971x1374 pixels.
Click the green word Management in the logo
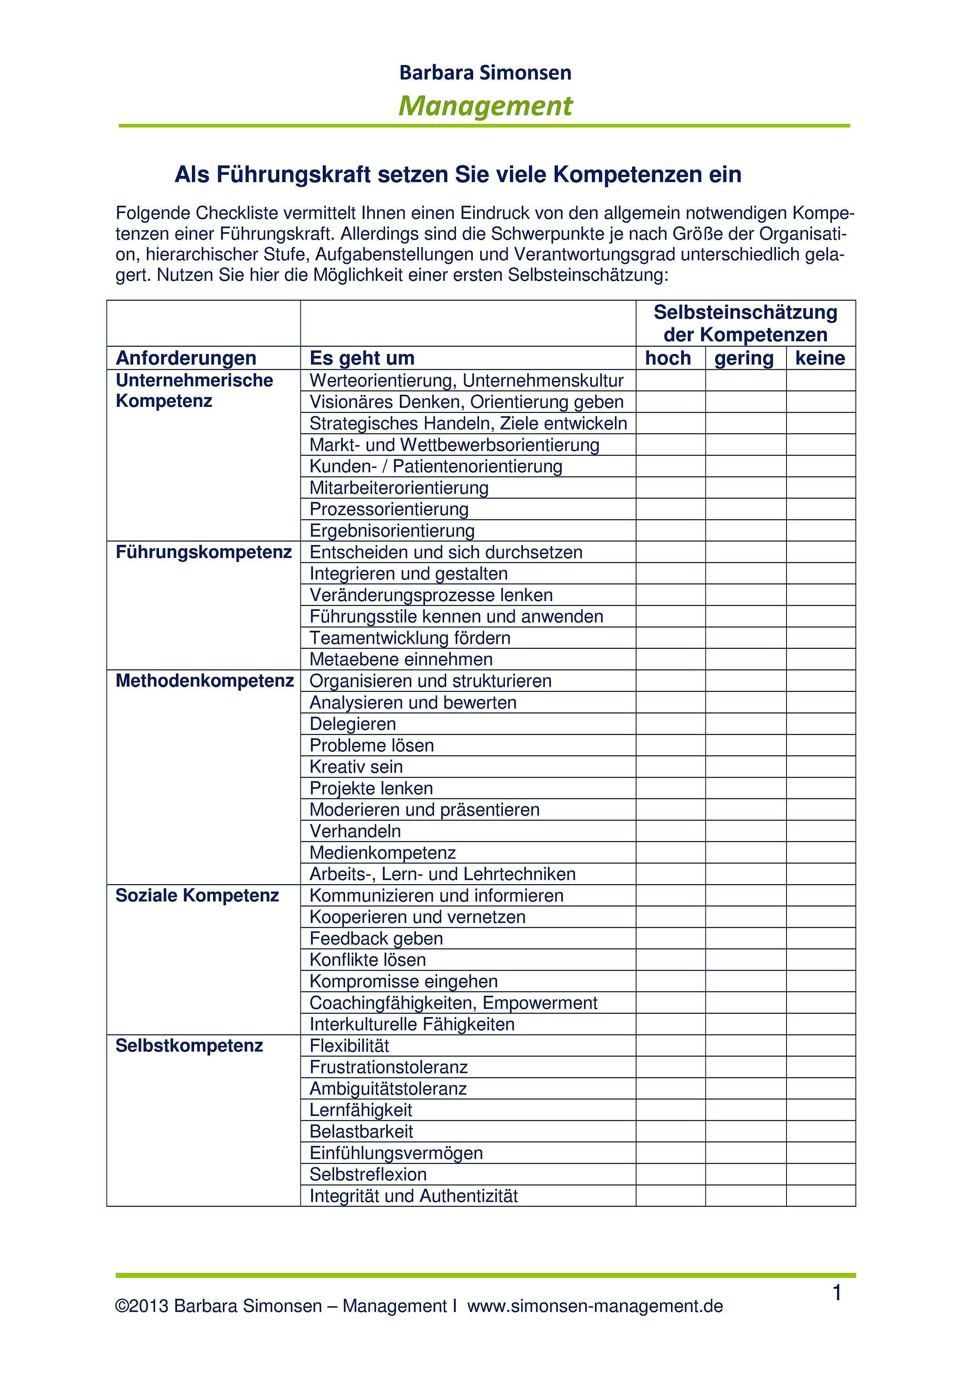click(486, 106)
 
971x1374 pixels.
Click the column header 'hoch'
click(668, 358)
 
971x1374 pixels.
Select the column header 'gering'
click(744, 358)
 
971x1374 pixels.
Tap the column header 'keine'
click(820, 358)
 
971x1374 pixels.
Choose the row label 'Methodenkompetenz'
click(205, 681)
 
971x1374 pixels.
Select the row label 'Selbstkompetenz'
click(189, 1045)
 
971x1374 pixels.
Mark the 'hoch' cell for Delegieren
click(671, 724)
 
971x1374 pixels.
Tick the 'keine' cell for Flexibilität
click(821, 1045)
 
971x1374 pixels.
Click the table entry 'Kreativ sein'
click(356, 767)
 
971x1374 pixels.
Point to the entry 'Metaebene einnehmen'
click(401, 659)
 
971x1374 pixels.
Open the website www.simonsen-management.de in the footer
click(595, 1306)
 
